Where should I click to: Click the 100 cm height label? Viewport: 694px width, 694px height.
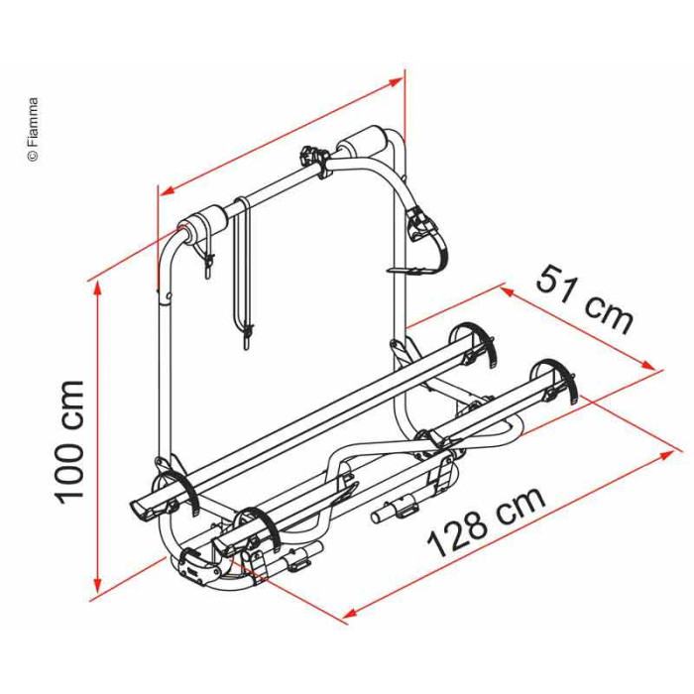click(x=69, y=442)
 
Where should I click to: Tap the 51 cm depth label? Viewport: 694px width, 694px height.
click(x=585, y=299)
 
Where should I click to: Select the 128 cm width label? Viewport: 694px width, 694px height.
click(x=486, y=521)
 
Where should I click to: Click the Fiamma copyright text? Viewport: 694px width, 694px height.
click(x=33, y=129)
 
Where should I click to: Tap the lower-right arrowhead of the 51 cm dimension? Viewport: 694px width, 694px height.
click(x=647, y=365)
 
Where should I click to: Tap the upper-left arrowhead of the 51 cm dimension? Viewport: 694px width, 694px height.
click(x=508, y=291)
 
